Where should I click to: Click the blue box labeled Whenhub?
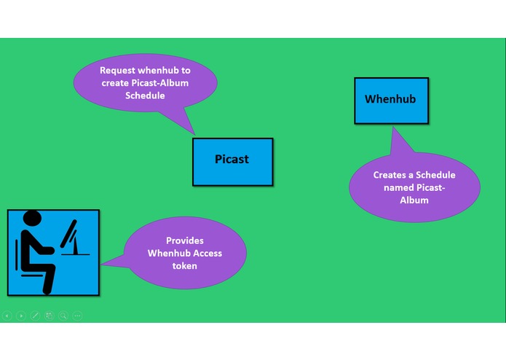390,100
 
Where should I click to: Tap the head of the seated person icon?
33,219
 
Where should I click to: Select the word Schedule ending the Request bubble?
145,95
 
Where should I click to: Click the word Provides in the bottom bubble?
185,240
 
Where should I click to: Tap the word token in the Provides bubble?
185,266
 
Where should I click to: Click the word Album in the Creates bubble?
414,200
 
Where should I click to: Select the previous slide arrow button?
7,316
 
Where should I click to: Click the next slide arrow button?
21,316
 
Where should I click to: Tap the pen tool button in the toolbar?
35,316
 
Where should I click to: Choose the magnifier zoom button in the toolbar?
63,316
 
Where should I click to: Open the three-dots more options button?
77,316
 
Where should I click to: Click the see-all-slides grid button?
49,316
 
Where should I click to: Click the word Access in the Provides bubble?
206,254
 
